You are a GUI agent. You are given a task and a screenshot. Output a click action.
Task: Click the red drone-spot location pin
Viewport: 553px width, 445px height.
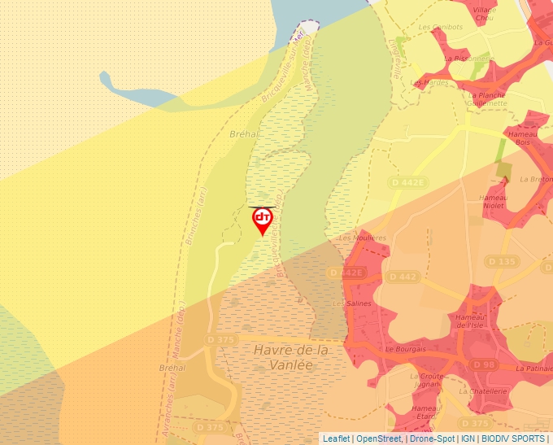(x=262, y=220)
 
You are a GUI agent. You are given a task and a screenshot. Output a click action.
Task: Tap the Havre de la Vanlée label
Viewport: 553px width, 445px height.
(x=290, y=357)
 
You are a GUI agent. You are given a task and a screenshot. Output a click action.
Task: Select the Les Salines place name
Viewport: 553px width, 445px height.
(x=352, y=303)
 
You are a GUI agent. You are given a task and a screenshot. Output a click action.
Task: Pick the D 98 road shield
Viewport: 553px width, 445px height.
(x=484, y=364)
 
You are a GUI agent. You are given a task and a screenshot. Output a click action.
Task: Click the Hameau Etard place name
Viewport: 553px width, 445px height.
(x=426, y=412)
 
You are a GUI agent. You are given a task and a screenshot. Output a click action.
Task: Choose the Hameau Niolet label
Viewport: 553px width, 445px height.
(x=494, y=201)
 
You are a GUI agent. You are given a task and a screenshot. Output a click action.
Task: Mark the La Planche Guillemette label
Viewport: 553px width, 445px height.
(x=487, y=99)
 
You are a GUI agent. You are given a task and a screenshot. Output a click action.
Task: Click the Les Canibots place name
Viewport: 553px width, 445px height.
(x=440, y=27)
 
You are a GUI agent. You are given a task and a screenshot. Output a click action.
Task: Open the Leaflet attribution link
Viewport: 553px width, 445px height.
(x=337, y=438)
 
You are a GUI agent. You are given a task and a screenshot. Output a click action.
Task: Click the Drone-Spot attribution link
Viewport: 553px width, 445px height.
(x=432, y=438)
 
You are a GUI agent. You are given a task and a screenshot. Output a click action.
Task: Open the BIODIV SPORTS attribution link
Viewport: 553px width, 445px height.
(x=513, y=438)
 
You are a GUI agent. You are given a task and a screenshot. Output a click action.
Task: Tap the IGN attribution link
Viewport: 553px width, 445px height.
(x=468, y=438)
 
